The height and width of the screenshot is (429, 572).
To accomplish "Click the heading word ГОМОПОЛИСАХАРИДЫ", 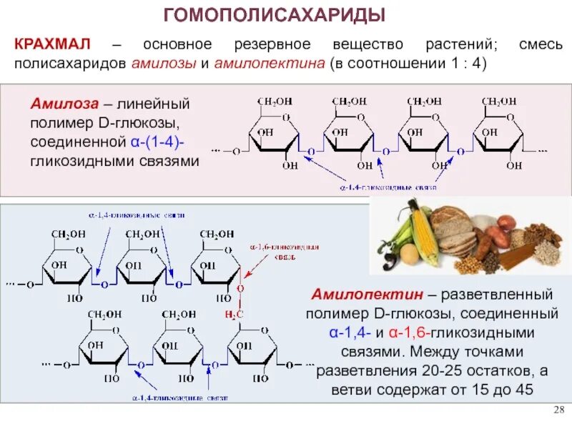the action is coord(275,14).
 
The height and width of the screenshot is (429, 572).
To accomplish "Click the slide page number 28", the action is coord(559,408).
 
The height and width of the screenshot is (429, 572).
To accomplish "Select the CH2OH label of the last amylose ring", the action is coord(498,102).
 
